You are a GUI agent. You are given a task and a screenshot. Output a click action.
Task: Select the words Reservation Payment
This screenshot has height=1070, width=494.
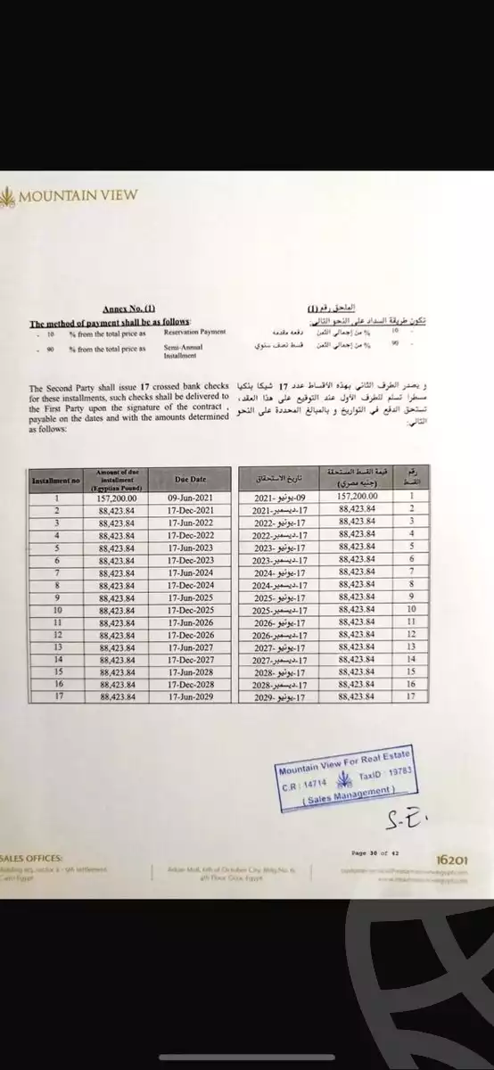tap(194, 332)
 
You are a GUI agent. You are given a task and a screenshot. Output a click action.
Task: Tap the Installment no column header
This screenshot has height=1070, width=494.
tap(56, 480)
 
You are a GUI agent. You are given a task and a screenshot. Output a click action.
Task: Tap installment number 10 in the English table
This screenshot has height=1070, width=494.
tap(56, 609)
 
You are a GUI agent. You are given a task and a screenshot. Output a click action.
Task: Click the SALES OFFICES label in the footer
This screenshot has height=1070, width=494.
tap(30, 858)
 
